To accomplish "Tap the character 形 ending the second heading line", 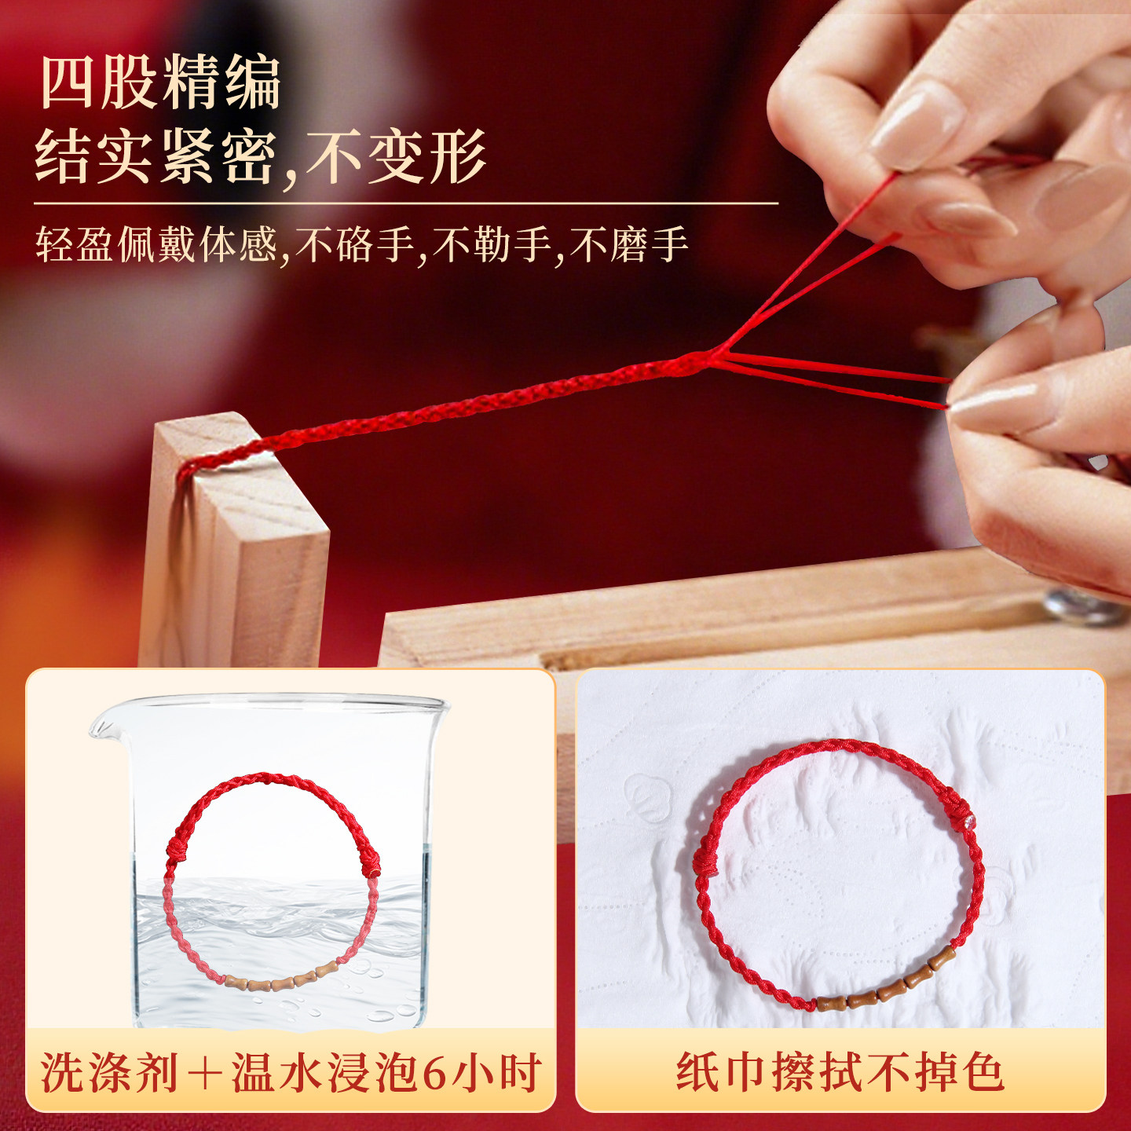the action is coord(458,156).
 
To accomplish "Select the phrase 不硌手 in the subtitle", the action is coord(355,244).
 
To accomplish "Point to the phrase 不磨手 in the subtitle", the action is coord(628,244).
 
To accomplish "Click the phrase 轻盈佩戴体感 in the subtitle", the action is coord(156,244).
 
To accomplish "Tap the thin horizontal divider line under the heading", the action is coord(406,203).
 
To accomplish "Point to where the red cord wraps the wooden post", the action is coord(194,470).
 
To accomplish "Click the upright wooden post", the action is coord(235,540).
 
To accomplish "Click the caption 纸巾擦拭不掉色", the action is coord(840,1072).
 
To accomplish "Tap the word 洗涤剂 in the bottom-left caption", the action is coord(109,1072).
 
